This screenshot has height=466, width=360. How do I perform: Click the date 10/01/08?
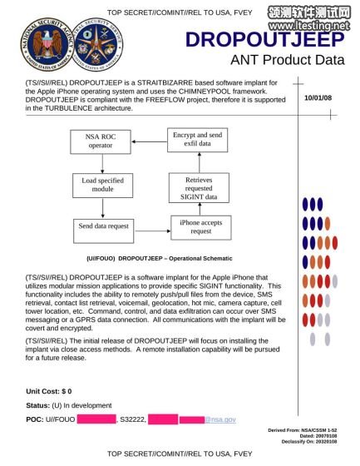[x=319, y=99]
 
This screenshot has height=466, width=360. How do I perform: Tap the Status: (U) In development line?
[x=68, y=404]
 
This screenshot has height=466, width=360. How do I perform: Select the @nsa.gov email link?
[x=221, y=419]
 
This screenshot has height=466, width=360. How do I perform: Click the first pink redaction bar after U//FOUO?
[x=96, y=419]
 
